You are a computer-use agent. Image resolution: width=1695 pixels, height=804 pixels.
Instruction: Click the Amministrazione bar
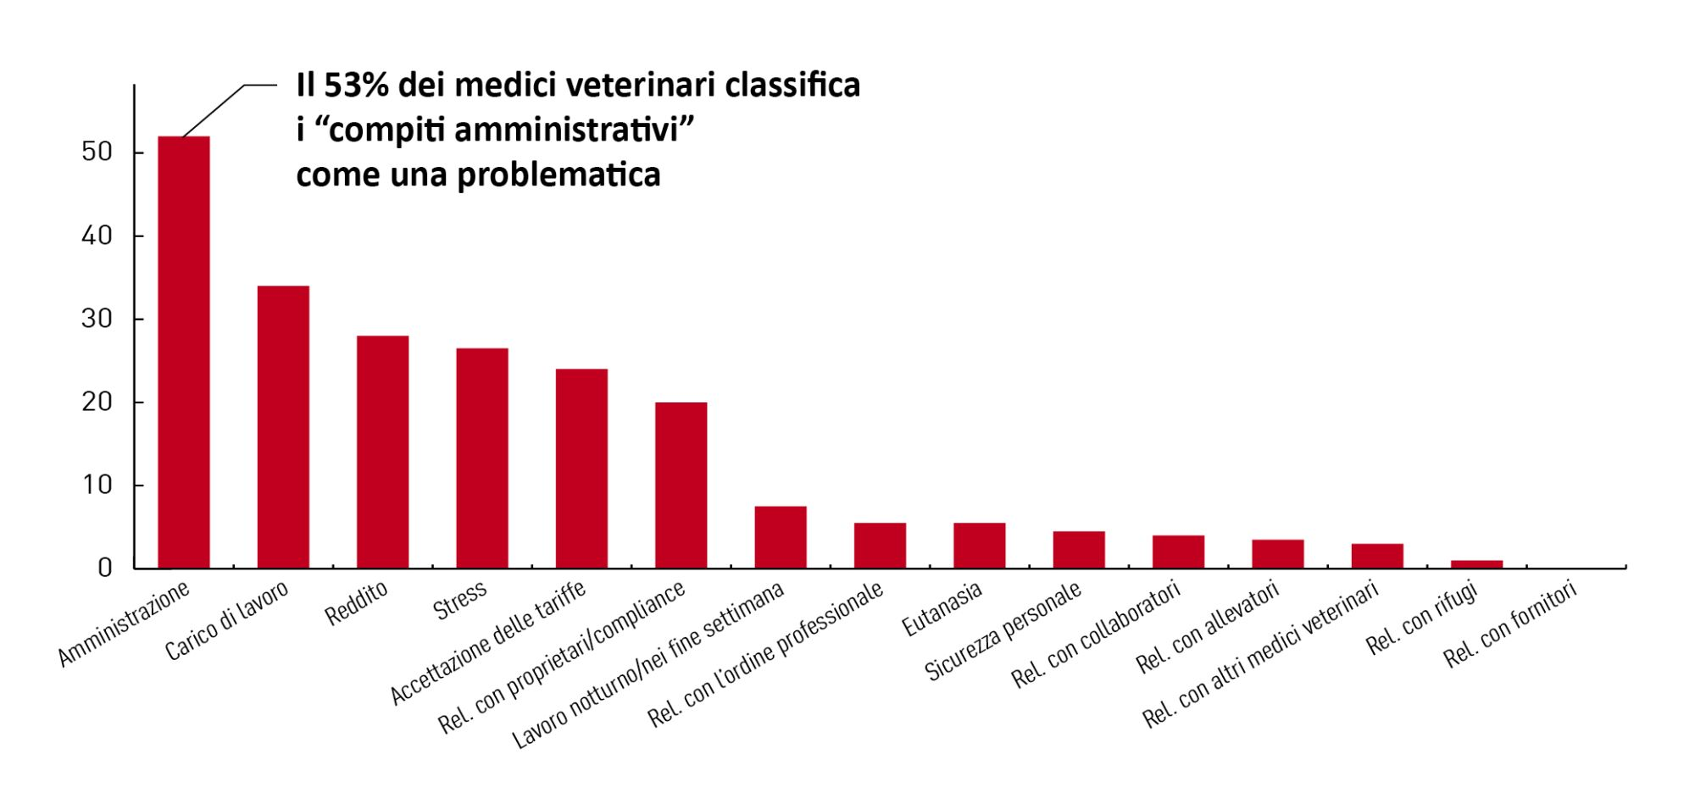[184, 352]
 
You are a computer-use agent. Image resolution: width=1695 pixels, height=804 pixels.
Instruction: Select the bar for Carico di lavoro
[283, 427]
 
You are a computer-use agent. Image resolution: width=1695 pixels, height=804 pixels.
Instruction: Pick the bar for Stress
[482, 458]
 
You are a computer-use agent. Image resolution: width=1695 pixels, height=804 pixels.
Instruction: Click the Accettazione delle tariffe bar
[581, 469]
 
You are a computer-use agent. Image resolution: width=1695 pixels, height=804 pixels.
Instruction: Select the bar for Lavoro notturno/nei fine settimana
[781, 537]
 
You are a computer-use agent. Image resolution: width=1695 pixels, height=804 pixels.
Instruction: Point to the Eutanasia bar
[979, 546]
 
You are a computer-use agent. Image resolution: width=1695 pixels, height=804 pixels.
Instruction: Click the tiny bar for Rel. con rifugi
[1476, 564]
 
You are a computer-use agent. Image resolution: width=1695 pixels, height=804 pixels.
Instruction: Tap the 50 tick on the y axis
[97, 152]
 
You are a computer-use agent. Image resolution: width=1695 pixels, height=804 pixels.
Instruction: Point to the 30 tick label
[97, 319]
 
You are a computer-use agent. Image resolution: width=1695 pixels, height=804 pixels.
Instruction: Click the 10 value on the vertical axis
[97, 485]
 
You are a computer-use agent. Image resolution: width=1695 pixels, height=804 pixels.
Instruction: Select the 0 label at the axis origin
[105, 568]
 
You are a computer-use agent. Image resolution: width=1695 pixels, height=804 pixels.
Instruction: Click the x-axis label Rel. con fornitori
[1510, 625]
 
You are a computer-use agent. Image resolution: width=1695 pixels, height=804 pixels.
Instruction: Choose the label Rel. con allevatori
[1208, 628]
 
